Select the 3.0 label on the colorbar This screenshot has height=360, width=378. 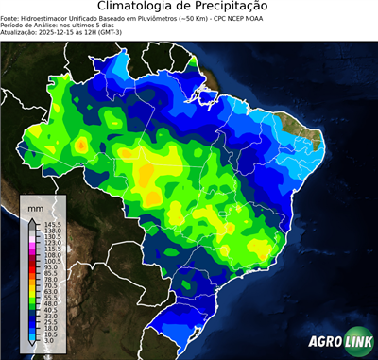[x=45, y=341]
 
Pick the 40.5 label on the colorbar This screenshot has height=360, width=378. [x=46, y=310]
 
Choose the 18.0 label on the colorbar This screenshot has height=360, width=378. [x=46, y=326]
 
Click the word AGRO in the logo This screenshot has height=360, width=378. [x=324, y=342]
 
